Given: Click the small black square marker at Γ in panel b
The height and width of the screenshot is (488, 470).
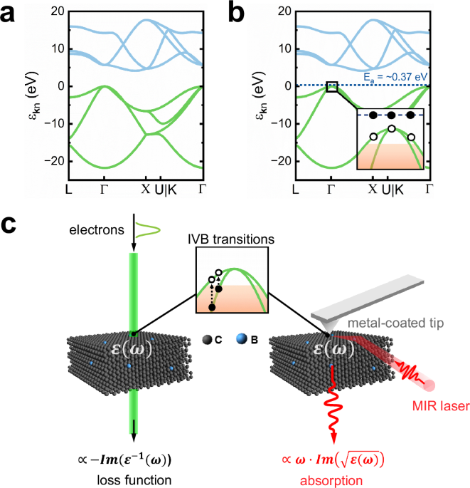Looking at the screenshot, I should [331, 86].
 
